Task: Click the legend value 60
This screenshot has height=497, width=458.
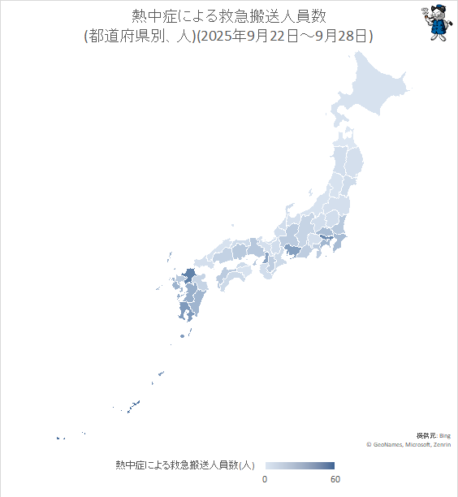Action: tap(335, 480)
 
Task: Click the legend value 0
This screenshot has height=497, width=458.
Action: tap(265, 480)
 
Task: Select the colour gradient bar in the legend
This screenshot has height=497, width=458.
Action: tap(300, 465)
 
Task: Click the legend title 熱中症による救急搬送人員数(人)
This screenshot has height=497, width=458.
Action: tap(185, 465)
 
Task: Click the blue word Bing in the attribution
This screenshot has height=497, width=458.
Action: tap(445, 436)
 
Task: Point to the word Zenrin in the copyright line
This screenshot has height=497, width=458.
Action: tap(443, 445)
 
